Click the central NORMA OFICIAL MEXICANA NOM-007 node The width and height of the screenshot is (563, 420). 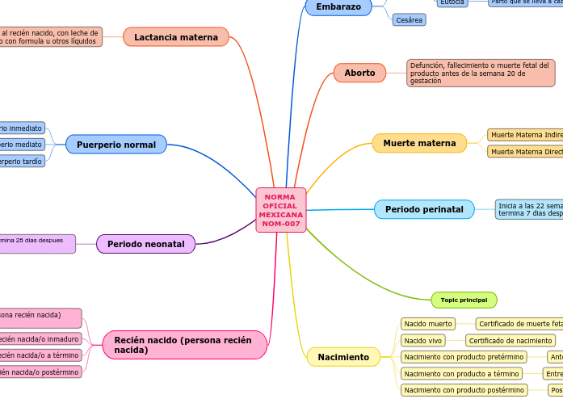(x=281, y=210)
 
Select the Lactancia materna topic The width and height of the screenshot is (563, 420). (x=176, y=37)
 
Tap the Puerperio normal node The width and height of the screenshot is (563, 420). (x=116, y=145)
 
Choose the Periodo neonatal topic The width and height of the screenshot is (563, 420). (x=146, y=244)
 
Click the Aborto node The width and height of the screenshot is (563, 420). (x=359, y=73)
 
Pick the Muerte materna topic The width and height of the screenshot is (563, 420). (x=419, y=143)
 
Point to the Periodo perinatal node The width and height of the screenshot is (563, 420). (x=424, y=209)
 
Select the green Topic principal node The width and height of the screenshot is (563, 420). (x=464, y=300)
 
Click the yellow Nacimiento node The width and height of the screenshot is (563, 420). (x=343, y=357)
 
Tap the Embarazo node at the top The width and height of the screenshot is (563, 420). (x=338, y=6)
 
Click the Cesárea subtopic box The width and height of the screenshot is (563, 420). (x=409, y=20)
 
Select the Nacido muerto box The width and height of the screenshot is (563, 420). (x=428, y=324)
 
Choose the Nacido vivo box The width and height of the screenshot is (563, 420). (x=423, y=341)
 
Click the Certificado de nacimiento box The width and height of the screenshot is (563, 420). (x=510, y=341)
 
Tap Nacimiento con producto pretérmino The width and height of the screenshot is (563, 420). (x=464, y=357)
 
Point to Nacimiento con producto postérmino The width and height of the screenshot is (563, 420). (x=464, y=390)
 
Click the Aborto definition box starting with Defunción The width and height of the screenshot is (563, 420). (x=481, y=73)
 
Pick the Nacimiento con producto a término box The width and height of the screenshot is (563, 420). (x=461, y=373)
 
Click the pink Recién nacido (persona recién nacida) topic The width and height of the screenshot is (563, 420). (x=185, y=345)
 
